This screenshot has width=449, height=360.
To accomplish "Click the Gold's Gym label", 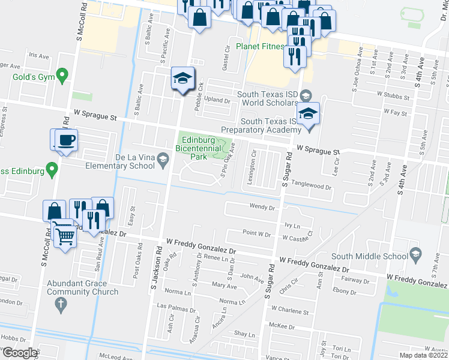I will click(x=32, y=77).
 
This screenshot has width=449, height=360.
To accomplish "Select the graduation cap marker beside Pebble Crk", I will click(x=182, y=79).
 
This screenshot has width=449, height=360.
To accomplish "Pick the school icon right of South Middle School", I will click(x=415, y=257).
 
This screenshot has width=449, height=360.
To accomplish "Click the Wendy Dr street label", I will click(x=262, y=208).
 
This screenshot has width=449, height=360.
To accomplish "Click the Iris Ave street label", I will click(x=38, y=55).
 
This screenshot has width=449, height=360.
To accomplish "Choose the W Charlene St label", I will click(x=289, y=311).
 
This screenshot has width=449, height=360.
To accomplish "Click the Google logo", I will click(x=20, y=353).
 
